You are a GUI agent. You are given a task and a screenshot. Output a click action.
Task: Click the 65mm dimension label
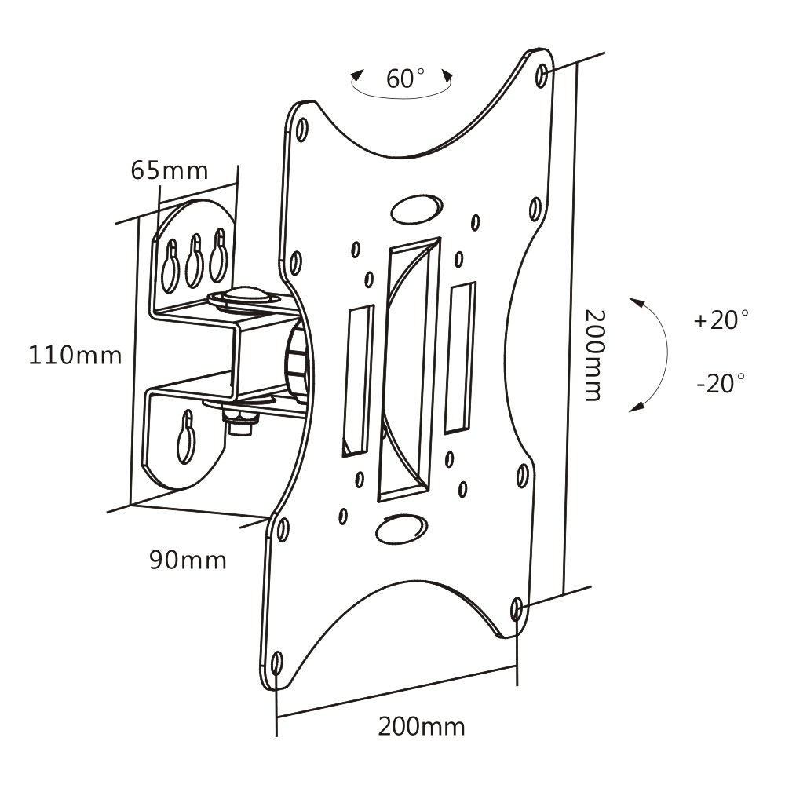pyautogui.click(x=170, y=170)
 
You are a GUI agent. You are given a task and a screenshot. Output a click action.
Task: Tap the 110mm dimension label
pyautogui.click(x=75, y=356)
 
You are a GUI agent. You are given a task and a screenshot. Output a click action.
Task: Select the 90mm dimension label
pyautogui.click(x=188, y=560)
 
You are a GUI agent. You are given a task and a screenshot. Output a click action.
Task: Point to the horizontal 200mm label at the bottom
pyautogui.click(x=421, y=726)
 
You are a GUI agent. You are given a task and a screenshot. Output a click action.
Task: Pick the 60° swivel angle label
pyautogui.click(x=406, y=78)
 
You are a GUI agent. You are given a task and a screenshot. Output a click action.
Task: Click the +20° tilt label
pyautogui.click(x=721, y=319)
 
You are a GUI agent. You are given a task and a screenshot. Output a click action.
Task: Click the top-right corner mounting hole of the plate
pyautogui.click(x=542, y=75)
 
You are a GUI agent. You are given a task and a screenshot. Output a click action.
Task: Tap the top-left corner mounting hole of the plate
pyautogui.click(x=302, y=130)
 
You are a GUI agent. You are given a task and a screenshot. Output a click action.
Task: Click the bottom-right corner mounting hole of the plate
pyautogui.click(x=517, y=609)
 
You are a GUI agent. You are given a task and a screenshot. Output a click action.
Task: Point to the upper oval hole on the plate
pyautogui.click(x=417, y=209)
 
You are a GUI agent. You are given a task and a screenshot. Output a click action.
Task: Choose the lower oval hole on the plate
pyautogui.click(x=401, y=528)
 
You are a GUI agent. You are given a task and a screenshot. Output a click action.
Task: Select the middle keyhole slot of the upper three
pyautogui.click(x=194, y=261)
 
